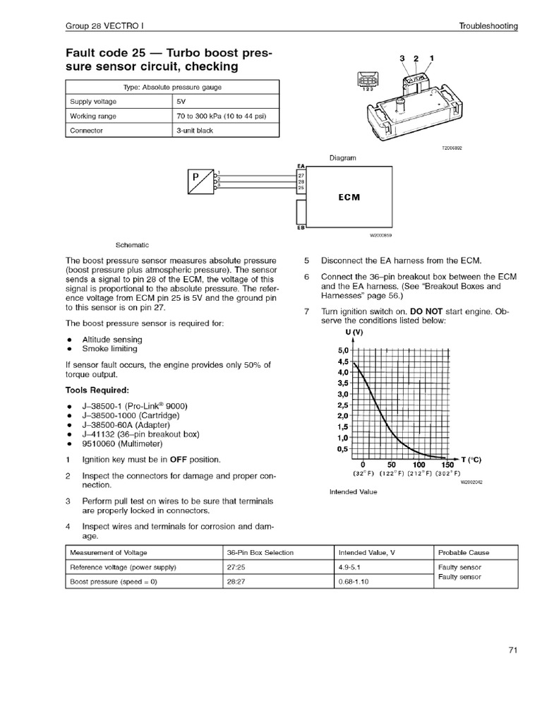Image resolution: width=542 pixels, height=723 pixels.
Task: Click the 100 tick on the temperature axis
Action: [418, 465]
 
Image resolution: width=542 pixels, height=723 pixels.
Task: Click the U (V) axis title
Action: [354, 331]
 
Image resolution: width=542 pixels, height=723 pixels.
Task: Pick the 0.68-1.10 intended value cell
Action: [355, 582]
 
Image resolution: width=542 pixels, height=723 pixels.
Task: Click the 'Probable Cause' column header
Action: [464, 552]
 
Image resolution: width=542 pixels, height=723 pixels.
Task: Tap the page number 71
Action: [513, 651]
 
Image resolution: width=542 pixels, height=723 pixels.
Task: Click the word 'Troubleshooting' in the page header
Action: [488, 26]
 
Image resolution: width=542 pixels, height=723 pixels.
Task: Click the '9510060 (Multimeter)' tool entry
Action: [122, 444]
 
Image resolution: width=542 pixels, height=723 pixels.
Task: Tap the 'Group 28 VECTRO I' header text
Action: [105, 26]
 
